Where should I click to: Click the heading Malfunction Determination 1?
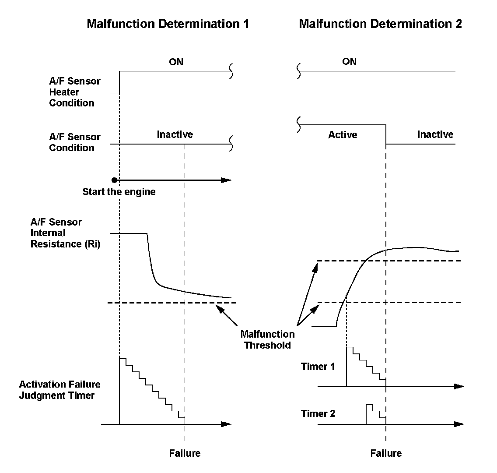click(x=168, y=24)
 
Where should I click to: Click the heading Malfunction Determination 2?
click(x=380, y=24)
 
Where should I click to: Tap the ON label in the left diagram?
click(x=176, y=62)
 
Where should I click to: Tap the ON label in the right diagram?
click(x=349, y=61)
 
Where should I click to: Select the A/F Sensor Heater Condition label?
click(x=74, y=92)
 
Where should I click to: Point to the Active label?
click(x=343, y=135)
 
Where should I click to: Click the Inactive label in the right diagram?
click(x=435, y=134)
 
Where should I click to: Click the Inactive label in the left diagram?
click(x=175, y=134)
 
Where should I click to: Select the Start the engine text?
click(x=119, y=191)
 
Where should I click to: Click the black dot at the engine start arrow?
click(x=114, y=180)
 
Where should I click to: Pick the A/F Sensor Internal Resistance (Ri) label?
click(x=65, y=233)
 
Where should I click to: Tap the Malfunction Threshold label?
click(x=267, y=339)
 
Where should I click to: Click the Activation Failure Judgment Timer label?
click(x=59, y=390)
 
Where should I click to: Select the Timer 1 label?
click(x=318, y=367)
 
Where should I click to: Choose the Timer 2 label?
click(x=318, y=413)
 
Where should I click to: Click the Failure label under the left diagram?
click(x=185, y=453)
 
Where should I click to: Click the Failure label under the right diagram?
click(x=386, y=453)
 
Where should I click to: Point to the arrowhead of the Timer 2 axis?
click(x=458, y=424)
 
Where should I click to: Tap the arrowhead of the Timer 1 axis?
click(x=458, y=386)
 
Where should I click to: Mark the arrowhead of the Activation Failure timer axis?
click(x=226, y=424)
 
